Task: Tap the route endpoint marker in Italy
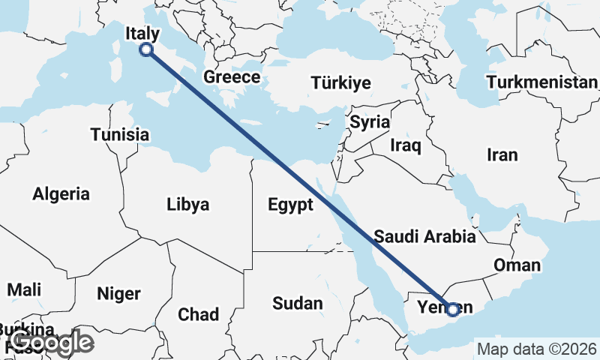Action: click(146, 49)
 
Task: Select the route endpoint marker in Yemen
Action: click(453, 308)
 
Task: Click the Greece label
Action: click(232, 77)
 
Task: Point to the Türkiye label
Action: click(341, 82)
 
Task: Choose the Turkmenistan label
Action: click(541, 82)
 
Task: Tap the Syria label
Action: click(370, 121)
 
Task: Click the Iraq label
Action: click(406, 144)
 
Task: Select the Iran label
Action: click(502, 155)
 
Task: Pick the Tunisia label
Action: click(119, 135)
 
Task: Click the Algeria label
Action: click(61, 194)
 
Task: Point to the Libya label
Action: click(187, 204)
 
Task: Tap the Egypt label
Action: click(289, 205)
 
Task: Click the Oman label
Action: click(516, 265)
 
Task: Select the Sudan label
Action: click(297, 304)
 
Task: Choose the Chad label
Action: click(198, 314)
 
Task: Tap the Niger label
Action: click(118, 294)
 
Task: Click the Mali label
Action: click(24, 289)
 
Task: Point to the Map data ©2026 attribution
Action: click(536, 349)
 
